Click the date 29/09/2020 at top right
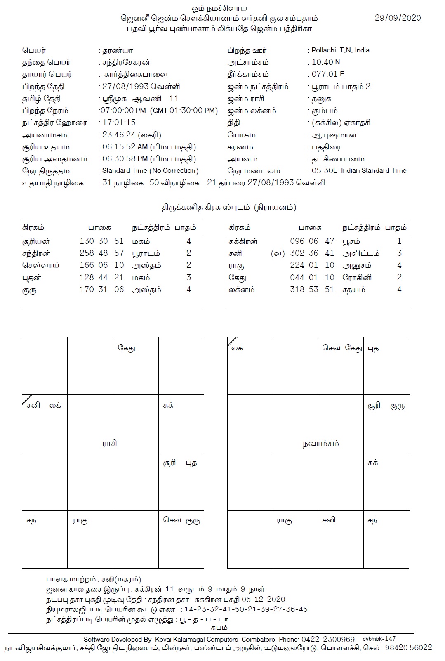tap(398, 17)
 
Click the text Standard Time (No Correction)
tap(150, 171)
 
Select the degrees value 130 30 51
tap(101, 241)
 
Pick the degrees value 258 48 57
tap(101, 253)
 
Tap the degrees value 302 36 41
tap(312, 253)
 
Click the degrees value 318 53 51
tap(312, 290)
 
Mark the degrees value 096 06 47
tap(312, 241)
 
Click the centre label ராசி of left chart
tap(109, 444)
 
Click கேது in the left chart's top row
tap(126, 348)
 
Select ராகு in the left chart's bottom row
tap(80, 521)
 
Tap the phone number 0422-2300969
tap(328, 640)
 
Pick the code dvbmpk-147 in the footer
tap(379, 639)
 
